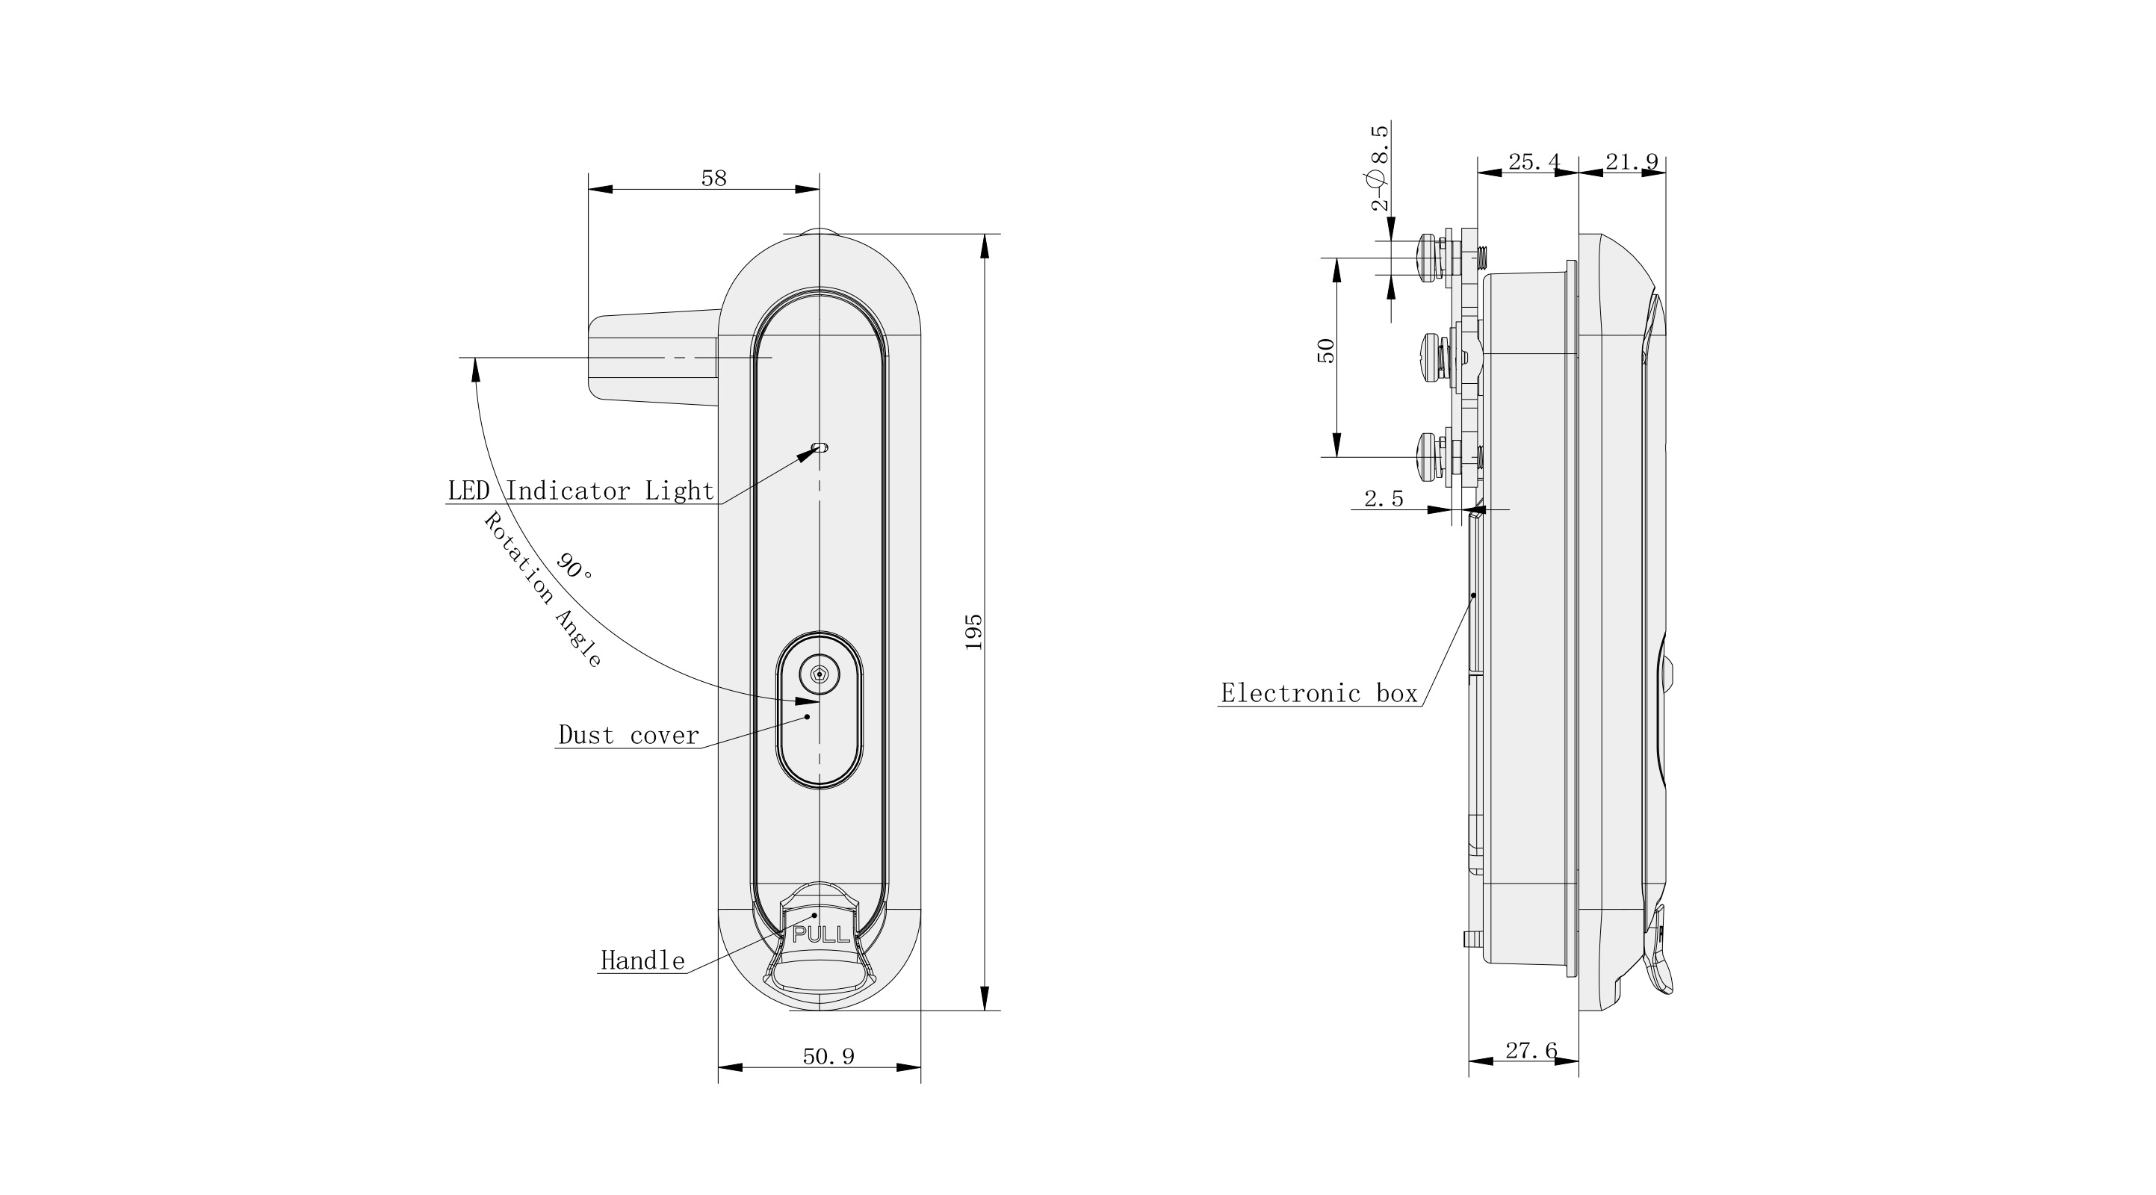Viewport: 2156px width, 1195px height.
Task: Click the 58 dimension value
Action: click(x=713, y=179)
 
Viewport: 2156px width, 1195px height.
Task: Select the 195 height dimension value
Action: click(x=973, y=632)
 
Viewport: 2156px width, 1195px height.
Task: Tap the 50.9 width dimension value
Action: click(x=828, y=1057)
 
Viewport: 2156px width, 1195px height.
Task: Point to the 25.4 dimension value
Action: click(x=1533, y=162)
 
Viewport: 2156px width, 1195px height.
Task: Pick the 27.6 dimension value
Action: click(x=1531, y=1051)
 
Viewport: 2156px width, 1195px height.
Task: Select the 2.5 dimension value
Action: click(x=1384, y=500)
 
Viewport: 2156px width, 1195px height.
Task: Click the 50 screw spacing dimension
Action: click(x=1326, y=350)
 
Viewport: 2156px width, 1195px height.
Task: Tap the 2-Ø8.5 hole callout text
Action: click(x=1380, y=167)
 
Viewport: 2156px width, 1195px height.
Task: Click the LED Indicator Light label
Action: click(x=581, y=491)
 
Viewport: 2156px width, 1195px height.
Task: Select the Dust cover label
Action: click(x=628, y=736)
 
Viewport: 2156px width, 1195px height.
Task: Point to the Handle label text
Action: click(x=642, y=960)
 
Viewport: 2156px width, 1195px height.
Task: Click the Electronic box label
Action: click(x=1319, y=694)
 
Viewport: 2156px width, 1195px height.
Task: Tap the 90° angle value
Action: click(x=574, y=568)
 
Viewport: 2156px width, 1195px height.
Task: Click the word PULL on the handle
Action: click(x=821, y=936)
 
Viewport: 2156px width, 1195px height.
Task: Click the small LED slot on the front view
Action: click(x=821, y=447)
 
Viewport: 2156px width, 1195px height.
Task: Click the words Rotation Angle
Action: click(x=542, y=590)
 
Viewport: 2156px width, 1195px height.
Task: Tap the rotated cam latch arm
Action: click(x=653, y=358)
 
